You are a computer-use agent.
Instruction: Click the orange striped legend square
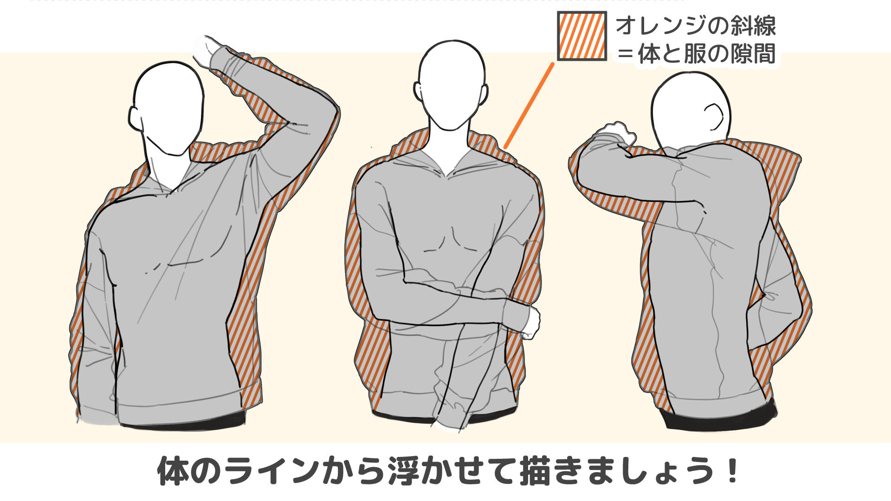(582, 36)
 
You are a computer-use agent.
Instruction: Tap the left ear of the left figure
(135, 118)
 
